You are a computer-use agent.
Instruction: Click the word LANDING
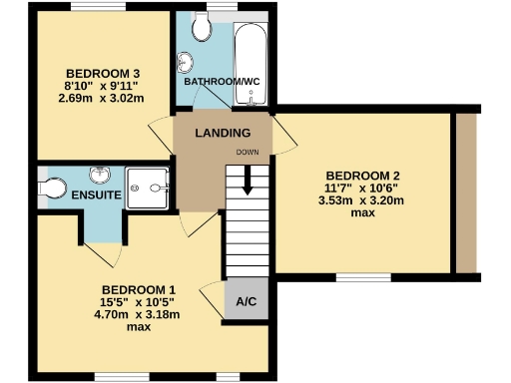[222, 134]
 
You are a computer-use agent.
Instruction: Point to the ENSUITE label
[96, 195]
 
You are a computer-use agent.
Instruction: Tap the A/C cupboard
[246, 301]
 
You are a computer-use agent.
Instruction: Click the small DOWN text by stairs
[248, 152]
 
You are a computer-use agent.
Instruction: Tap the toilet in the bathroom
[204, 28]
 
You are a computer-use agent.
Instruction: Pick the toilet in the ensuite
[53, 187]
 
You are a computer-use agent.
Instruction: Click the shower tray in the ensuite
[155, 186]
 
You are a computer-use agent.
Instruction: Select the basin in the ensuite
[100, 176]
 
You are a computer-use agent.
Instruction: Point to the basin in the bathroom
[185, 63]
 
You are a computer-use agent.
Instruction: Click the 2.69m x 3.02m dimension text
[101, 98]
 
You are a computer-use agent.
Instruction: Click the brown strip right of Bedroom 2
[465, 191]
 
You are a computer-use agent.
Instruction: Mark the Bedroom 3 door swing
[160, 135]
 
